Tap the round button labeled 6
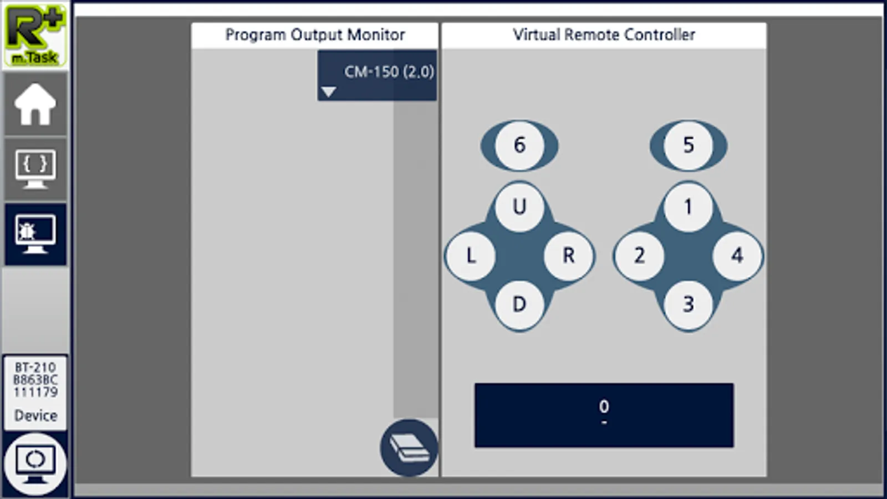(519, 145)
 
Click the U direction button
(519, 207)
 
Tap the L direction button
(471, 256)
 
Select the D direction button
(519, 305)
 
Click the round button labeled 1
(688, 207)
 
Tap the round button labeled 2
(639, 256)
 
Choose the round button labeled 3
(688, 305)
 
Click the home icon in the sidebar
(35, 104)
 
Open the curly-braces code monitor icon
(35, 169)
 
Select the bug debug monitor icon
(35, 234)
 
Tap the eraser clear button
(409, 448)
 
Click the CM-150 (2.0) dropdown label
(389, 72)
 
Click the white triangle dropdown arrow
(329, 92)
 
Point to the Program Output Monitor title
(315, 35)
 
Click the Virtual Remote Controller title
(604, 35)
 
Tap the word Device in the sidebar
(35, 415)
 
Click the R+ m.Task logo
(35, 35)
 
